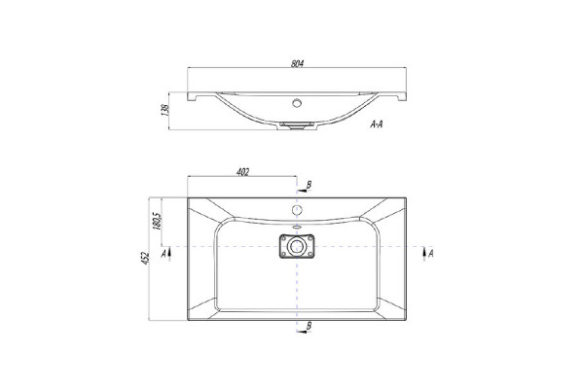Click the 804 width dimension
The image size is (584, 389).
(297, 63)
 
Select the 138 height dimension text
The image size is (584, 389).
(165, 110)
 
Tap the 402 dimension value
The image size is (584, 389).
(242, 172)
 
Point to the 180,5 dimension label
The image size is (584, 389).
(157, 221)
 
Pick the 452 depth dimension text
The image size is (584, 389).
(145, 259)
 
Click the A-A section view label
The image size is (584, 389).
(376, 124)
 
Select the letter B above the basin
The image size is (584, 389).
(309, 185)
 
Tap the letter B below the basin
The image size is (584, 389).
(309, 326)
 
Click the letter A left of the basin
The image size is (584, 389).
(164, 254)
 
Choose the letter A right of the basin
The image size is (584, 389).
(430, 254)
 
